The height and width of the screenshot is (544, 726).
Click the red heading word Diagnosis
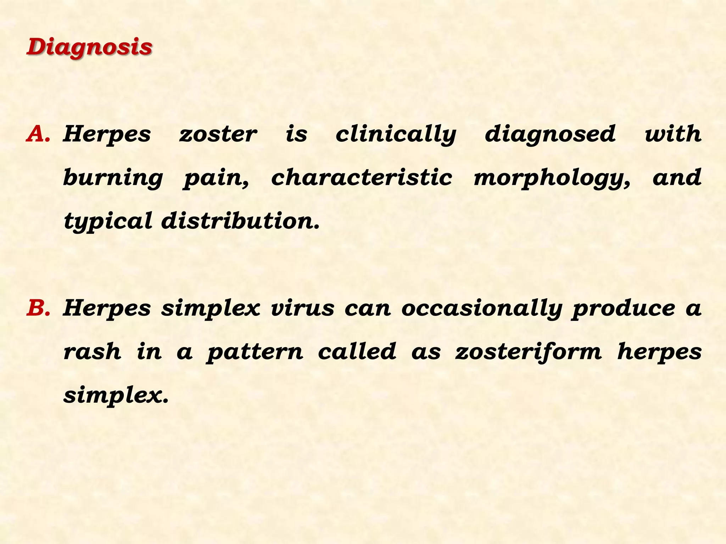(89, 47)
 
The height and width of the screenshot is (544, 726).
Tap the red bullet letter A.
(38, 134)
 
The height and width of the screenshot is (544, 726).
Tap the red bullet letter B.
(38, 308)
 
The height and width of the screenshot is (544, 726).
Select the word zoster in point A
(218, 134)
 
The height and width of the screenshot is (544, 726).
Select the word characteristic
(362, 177)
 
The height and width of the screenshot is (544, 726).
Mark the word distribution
(240, 221)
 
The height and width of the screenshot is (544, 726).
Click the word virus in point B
(302, 308)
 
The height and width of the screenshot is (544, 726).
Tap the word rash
(92, 352)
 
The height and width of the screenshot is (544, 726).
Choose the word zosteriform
(529, 352)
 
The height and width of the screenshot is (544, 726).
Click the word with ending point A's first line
(673, 134)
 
